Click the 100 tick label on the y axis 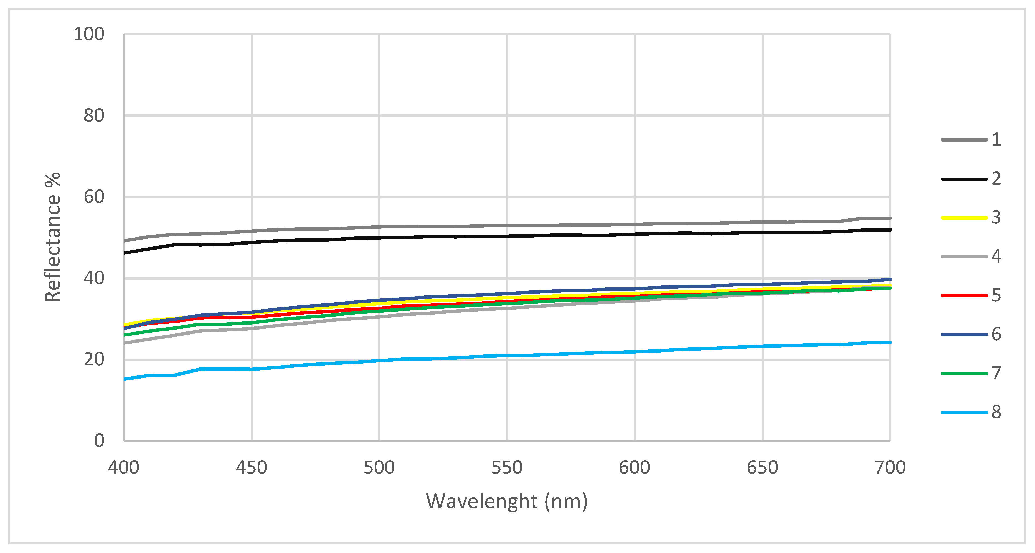(x=89, y=35)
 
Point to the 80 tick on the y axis (x=94, y=116)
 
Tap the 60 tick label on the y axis (x=94, y=197)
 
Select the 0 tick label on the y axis (x=99, y=441)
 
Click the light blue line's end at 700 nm (x=890, y=343)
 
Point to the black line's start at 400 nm (x=125, y=253)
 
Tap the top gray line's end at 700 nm (x=890, y=218)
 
